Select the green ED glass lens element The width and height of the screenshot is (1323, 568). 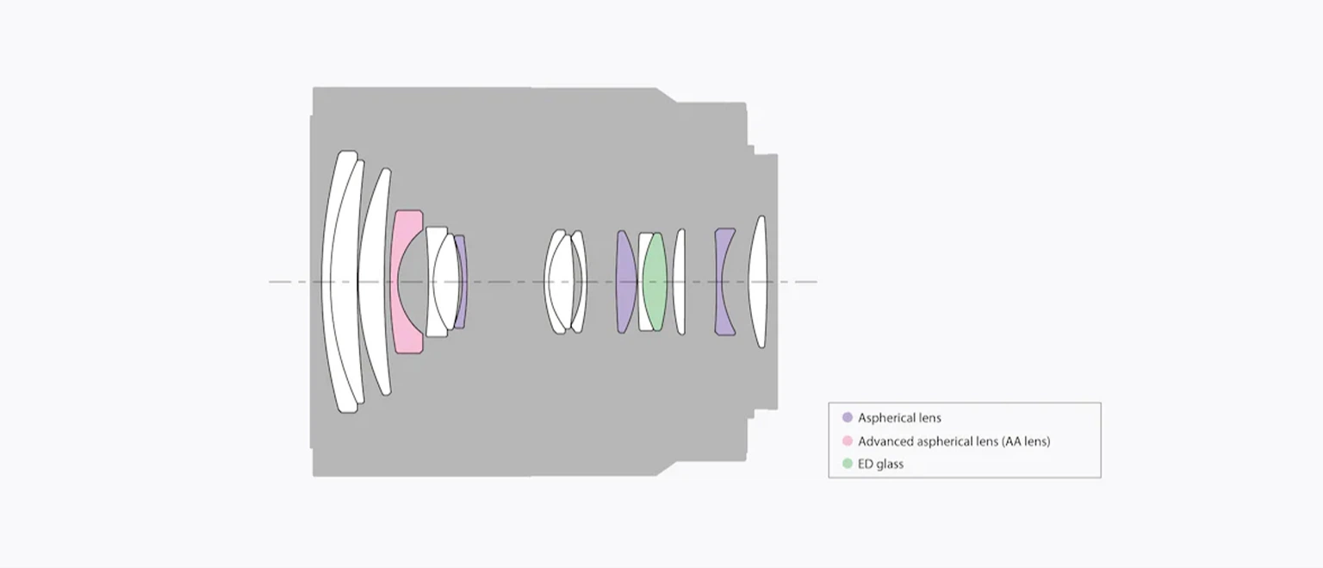(x=655, y=281)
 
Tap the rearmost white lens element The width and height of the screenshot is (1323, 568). (x=758, y=281)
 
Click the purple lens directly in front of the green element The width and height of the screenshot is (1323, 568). (x=624, y=281)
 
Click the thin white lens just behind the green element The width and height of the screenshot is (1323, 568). (x=680, y=281)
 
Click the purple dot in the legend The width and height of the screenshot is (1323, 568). (x=847, y=417)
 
